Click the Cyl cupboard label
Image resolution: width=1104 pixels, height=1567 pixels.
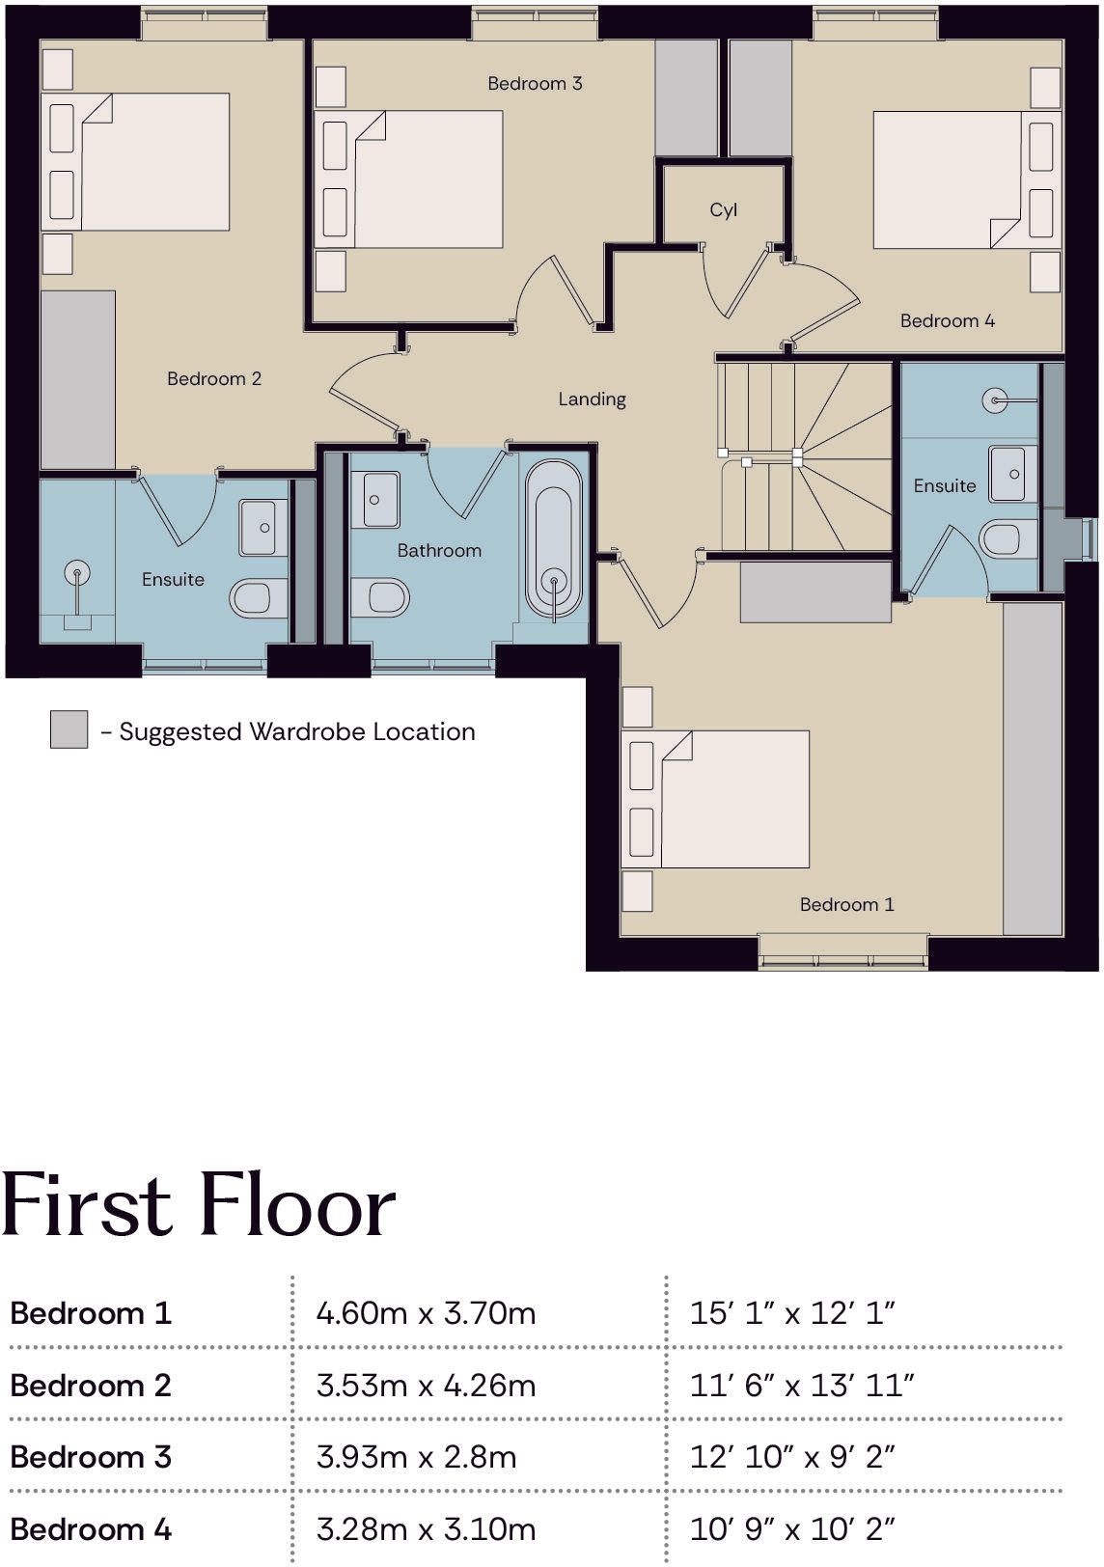point(724,210)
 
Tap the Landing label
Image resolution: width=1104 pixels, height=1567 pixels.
point(592,399)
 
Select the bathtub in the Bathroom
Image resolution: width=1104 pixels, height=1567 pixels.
point(553,540)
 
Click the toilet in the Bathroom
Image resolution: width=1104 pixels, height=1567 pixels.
point(380,596)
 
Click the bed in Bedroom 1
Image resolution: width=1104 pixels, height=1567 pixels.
point(715,799)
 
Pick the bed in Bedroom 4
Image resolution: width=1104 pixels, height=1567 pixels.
point(968,179)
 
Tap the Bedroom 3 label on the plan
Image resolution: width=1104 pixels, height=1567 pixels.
point(535,84)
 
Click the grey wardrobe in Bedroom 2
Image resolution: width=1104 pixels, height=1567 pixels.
point(77,380)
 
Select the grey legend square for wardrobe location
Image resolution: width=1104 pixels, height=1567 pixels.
point(69,729)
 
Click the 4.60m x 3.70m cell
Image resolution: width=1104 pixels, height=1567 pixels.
point(427,1313)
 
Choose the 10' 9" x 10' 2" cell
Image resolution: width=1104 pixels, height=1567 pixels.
point(792,1528)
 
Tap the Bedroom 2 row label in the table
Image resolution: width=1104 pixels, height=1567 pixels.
point(91,1386)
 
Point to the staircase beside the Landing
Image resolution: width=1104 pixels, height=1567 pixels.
point(805,457)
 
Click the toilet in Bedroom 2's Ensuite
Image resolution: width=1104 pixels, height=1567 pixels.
point(259,598)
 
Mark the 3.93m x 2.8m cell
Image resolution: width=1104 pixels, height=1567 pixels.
point(416,1457)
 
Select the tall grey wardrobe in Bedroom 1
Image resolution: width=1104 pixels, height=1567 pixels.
point(1033,768)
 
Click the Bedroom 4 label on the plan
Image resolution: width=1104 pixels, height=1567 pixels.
point(948,321)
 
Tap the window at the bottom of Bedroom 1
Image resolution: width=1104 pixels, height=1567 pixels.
point(843,952)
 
